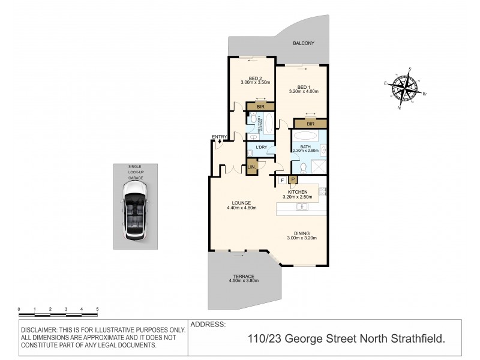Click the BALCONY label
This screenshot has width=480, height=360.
303,44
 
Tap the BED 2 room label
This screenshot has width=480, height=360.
251,78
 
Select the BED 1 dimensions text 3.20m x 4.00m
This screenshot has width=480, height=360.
303,92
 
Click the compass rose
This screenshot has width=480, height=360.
404,88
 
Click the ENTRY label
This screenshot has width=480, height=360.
219,137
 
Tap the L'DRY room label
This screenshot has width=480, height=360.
262,147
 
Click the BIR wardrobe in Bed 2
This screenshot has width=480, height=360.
260,106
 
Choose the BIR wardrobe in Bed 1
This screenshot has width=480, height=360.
310,124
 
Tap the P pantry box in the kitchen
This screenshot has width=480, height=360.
293,179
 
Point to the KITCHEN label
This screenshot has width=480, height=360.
298,191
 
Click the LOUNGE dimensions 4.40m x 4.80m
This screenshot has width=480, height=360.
242,208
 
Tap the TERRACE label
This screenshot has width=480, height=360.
243,276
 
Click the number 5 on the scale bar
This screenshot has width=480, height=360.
97,309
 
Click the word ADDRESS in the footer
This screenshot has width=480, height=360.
208,325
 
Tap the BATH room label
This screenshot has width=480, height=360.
305,147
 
